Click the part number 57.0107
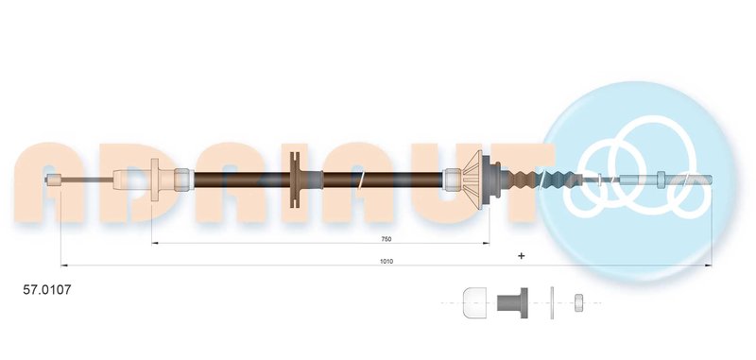point(46,290)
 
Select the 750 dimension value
point(386,239)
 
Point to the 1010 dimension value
point(387,261)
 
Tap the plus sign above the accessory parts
point(521,256)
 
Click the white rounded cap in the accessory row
point(474,302)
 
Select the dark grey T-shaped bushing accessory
point(512,303)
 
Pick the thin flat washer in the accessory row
point(552,303)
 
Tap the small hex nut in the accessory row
point(578,303)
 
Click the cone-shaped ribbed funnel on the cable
point(472,180)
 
